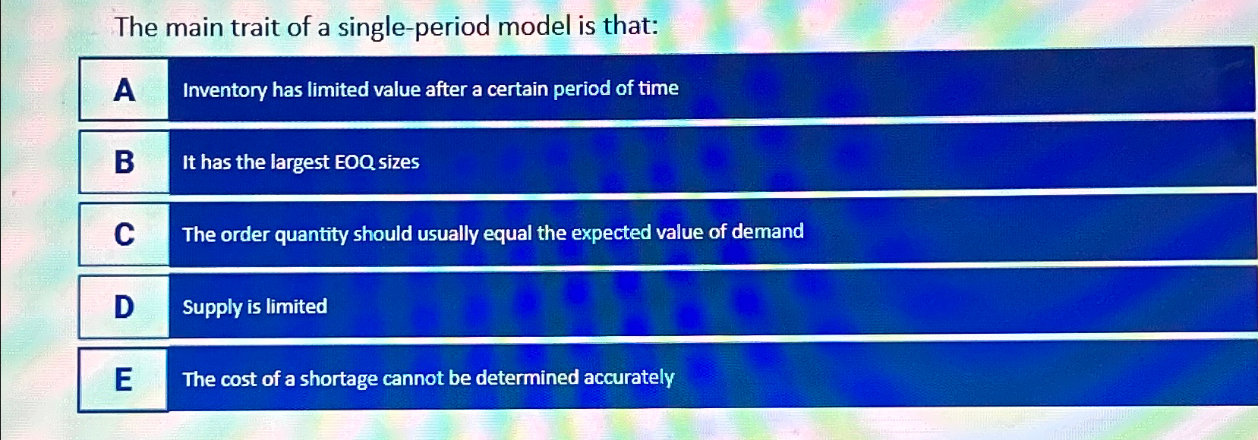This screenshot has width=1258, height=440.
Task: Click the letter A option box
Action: pos(124,90)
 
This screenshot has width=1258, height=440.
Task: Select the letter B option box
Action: pos(125,162)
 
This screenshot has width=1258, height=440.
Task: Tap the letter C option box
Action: pos(125,234)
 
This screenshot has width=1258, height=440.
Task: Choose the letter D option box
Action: pos(124,306)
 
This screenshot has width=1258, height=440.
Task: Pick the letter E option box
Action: pos(123,379)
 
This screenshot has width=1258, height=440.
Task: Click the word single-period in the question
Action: pos(415,28)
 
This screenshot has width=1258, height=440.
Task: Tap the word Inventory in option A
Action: pos(225,90)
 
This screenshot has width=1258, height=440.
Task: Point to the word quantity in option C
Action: pos(311,235)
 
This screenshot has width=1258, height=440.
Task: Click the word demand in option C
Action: pos(768,231)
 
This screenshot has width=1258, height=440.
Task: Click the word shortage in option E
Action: pos(339,379)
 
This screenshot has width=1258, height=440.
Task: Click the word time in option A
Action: pos(658,88)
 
